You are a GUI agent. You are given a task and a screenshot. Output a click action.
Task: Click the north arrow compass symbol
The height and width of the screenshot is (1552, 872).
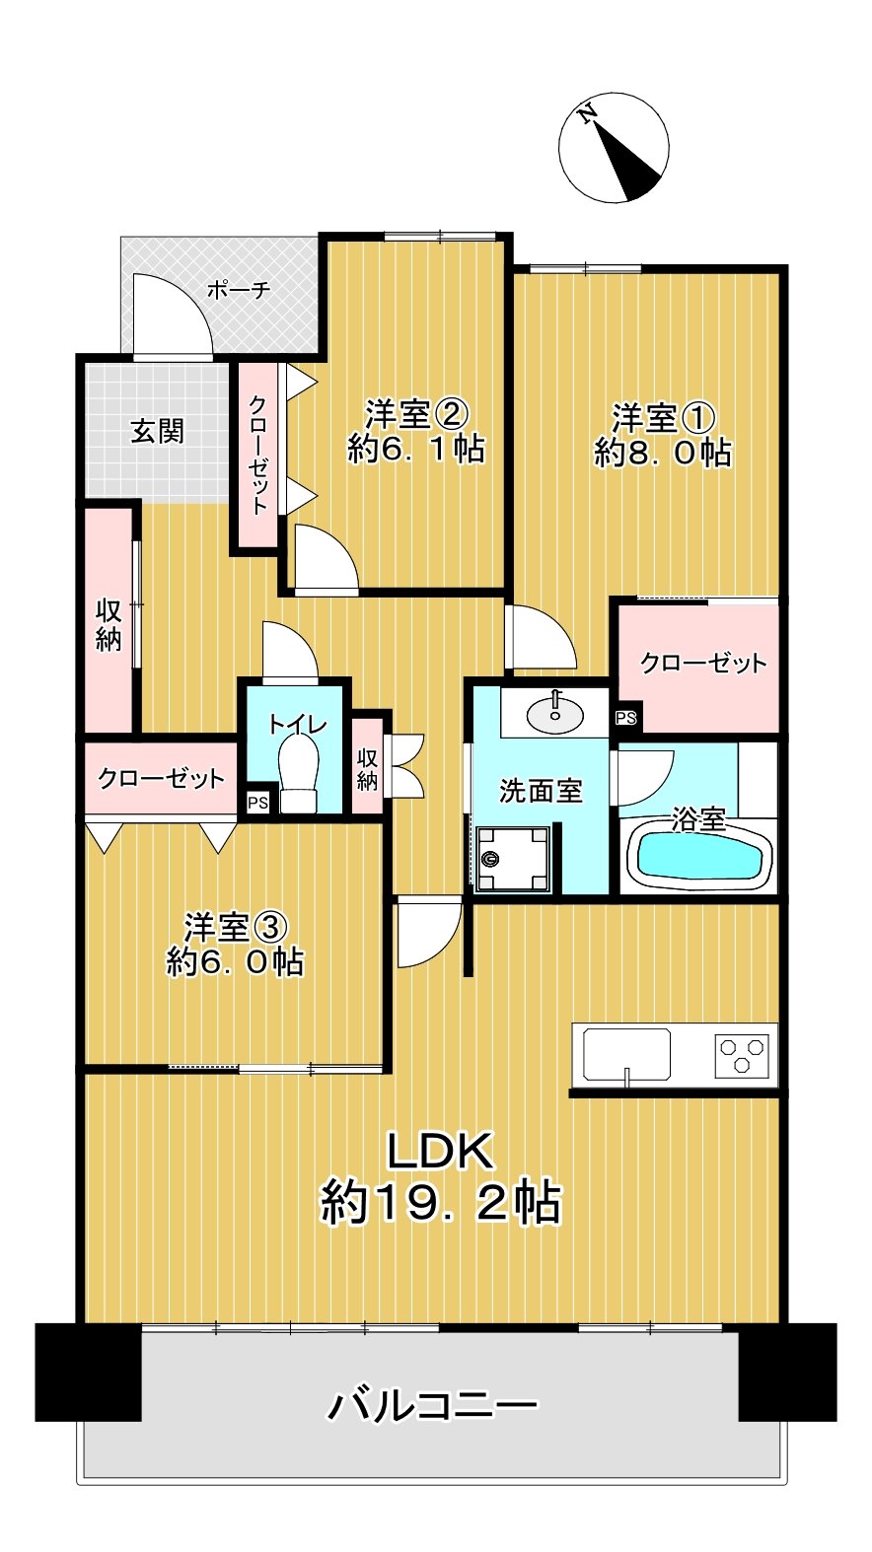pos(614,148)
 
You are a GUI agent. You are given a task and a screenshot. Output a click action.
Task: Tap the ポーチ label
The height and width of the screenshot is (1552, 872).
pos(238,290)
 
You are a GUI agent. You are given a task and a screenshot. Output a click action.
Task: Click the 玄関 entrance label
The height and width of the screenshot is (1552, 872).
pos(158,431)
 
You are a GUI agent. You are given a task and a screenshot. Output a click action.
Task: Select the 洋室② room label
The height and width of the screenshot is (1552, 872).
pos(415,412)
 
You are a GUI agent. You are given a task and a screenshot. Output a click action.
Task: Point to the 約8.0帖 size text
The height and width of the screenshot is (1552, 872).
pos(663,453)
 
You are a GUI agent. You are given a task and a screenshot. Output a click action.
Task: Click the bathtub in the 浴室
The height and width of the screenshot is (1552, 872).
pos(700,857)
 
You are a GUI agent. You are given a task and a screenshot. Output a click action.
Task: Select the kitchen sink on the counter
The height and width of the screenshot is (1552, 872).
pos(626,1054)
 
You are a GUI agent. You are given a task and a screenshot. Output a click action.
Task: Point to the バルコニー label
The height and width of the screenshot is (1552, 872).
pos(434,1404)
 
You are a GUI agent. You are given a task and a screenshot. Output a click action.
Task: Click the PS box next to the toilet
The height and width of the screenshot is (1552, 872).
pos(257,803)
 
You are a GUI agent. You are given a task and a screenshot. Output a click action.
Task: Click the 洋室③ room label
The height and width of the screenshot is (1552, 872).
pos(235,927)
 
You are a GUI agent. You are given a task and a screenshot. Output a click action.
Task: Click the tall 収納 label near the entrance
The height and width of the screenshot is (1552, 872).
pos(109,624)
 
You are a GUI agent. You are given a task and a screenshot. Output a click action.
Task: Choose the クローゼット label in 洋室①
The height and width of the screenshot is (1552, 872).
pos(703,663)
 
